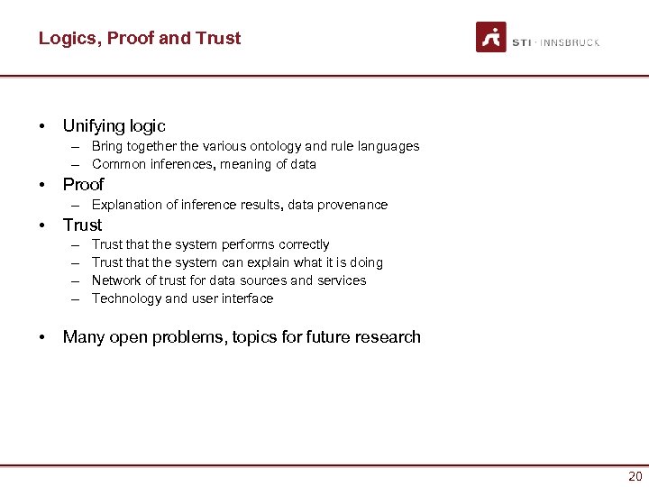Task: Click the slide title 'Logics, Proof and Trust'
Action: click(x=140, y=38)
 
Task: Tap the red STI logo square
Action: click(x=491, y=37)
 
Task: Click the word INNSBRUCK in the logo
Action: click(x=570, y=42)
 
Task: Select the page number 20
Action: click(x=635, y=476)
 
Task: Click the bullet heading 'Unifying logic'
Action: click(x=114, y=126)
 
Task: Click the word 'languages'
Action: click(x=389, y=146)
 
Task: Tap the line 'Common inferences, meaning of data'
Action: click(x=204, y=164)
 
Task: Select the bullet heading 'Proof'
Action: click(x=83, y=184)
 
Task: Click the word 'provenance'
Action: click(x=352, y=205)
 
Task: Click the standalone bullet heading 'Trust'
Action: click(x=82, y=225)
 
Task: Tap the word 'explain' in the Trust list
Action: click(x=270, y=262)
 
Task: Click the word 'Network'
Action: click(x=117, y=280)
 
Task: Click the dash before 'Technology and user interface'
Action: click(x=71, y=299)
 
